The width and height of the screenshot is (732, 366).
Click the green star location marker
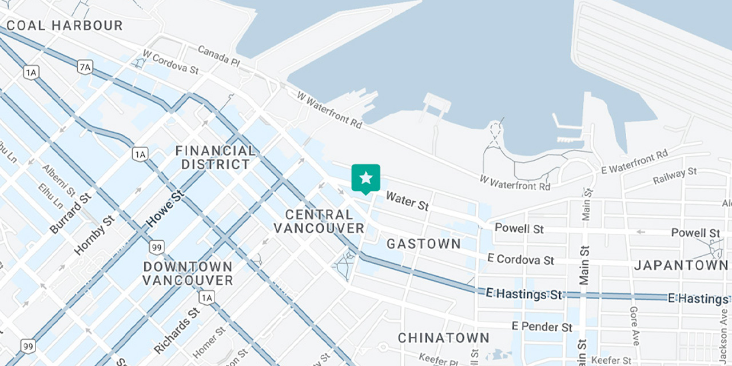[366, 178]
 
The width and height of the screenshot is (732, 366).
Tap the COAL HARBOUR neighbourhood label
[65, 26]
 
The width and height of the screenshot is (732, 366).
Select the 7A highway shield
[85, 67]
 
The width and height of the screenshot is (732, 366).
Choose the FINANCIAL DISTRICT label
[215, 157]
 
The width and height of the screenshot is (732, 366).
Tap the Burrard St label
[70, 213]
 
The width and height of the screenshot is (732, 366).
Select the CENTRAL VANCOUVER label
[319, 221]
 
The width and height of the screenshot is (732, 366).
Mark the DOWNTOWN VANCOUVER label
[188, 273]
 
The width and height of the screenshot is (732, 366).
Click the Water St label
[407, 201]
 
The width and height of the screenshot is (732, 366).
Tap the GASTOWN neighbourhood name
[424, 244]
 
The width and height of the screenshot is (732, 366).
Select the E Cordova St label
[520, 259]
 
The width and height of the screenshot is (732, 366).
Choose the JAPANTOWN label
[681, 265]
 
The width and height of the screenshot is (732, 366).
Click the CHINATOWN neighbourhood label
[444, 337]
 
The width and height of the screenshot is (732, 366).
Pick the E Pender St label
[542, 327]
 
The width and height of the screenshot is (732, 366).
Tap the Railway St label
[675, 177]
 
